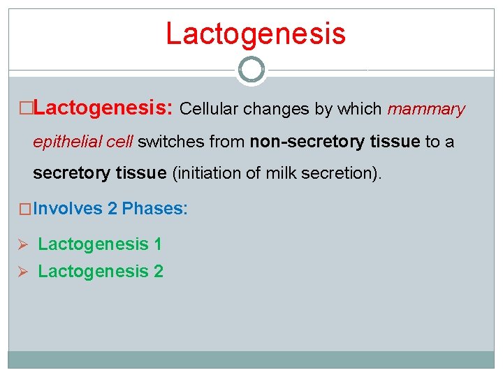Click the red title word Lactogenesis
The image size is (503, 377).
coord(255,34)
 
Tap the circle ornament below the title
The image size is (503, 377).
coord(251,70)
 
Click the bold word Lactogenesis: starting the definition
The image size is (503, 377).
coord(103,109)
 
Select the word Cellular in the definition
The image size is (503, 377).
coord(206,110)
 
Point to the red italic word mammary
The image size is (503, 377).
coord(425,110)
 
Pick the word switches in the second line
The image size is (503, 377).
coord(166,142)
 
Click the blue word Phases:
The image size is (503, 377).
coord(154,209)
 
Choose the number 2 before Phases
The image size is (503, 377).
coord(112,209)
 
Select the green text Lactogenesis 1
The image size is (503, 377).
coord(100,244)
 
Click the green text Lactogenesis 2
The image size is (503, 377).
coord(100,271)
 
